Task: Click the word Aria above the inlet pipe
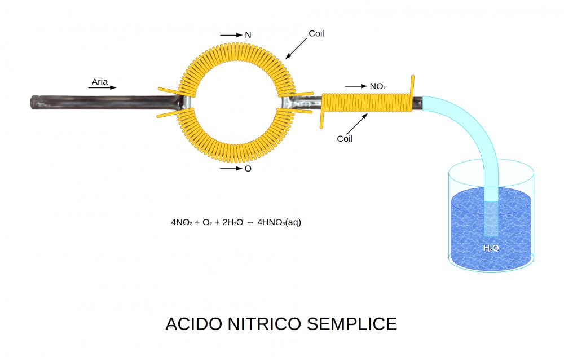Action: (x=100, y=82)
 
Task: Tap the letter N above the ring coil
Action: (x=248, y=35)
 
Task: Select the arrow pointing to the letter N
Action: (x=231, y=35)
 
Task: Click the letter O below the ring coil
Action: (x=248, y=169)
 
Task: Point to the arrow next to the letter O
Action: (x=231, y=169)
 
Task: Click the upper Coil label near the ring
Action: (x=316, y=34)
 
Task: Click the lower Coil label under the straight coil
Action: (x=345, y=138)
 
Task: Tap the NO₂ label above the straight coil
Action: (x=377, y=86)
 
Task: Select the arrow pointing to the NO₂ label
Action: (x=355, y=86)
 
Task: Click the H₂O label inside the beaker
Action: (x=491, y=248)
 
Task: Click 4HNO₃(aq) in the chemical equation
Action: (x=279, y=222)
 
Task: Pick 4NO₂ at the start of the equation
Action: (x=182, y=222)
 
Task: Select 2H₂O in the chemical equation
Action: (x=232, y=222)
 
